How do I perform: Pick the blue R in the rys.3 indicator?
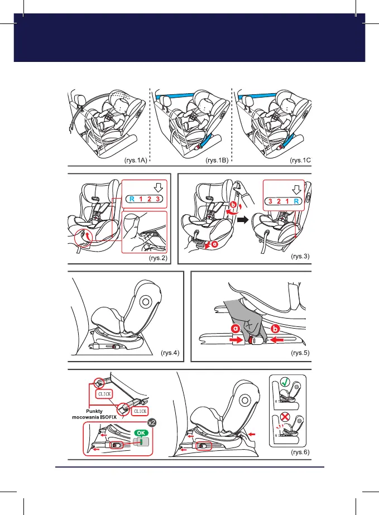[x=299, y=201]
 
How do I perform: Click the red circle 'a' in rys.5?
[x=236, y=330]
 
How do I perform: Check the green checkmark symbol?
[x=285, y=382]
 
